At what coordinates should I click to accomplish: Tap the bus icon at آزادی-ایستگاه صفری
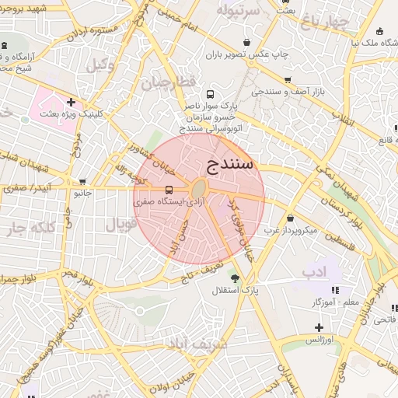(169, 190)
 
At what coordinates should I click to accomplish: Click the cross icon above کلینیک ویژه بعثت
(71, 102)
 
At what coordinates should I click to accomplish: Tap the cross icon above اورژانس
(319, 327)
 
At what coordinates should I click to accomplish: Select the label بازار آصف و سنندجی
(285, 93)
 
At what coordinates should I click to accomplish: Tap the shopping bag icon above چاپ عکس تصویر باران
(247, 42)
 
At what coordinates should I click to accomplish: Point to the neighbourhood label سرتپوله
(237, 11)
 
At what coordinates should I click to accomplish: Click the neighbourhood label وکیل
(101, 65)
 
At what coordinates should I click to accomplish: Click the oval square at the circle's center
(198, 189)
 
